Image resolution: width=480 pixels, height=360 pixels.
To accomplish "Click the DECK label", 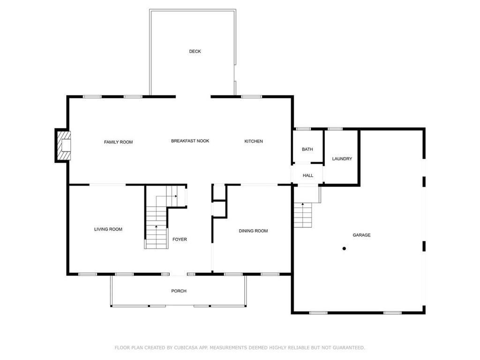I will point(195,52).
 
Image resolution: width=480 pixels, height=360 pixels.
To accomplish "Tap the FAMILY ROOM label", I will point(118,142).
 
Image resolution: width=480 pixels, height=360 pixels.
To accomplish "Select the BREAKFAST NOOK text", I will point(190,141).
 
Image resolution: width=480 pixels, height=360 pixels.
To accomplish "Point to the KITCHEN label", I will point(254,142).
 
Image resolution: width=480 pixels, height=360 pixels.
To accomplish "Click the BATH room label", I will point(307,150).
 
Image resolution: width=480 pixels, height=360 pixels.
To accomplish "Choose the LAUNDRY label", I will point(342,159).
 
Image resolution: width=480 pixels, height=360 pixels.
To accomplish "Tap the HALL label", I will point(307,176).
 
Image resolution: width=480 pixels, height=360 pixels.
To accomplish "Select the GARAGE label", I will point(361,235).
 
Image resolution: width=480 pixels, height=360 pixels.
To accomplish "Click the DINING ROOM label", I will point(253,231).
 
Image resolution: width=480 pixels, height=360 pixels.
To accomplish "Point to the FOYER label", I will point(180,240).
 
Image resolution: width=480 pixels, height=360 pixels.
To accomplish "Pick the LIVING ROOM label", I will point(108,229).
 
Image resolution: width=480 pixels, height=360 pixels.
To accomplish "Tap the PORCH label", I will point(179,291).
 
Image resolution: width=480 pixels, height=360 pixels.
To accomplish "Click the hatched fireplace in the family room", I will point(63,145).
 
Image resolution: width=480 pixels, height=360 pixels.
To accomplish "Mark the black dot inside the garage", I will point(344,248).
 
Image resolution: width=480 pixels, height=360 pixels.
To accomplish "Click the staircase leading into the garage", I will point(303,216).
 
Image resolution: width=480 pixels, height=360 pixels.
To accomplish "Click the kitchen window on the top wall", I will point(251,97).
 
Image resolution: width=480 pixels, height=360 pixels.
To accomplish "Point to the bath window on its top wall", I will point(303,128).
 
